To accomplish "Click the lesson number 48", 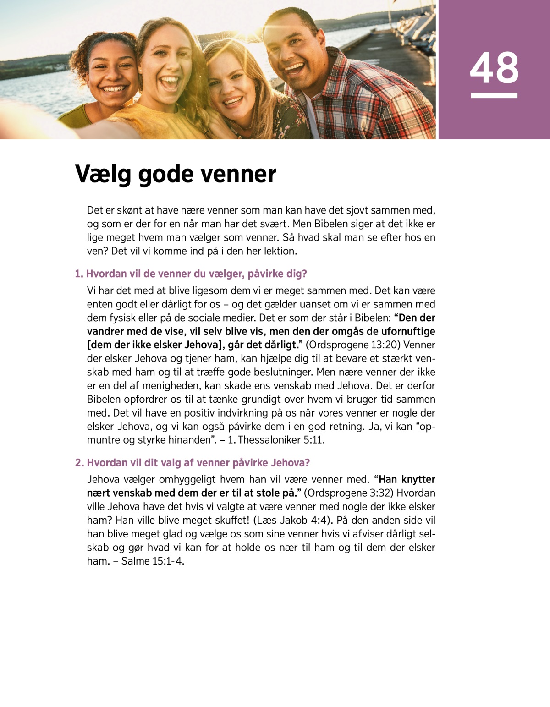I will coord(494,68).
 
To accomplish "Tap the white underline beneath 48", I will coord(494,95).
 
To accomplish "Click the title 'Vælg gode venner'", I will coord(176,174).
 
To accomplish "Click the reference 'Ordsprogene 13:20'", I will coord(352,345).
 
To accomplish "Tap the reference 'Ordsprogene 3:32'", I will coord(349,493).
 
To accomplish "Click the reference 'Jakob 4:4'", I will coord(300,521).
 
